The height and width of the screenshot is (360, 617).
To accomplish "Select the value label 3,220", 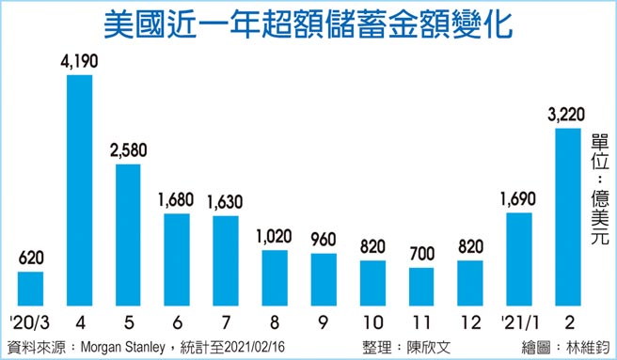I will point(566,116).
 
